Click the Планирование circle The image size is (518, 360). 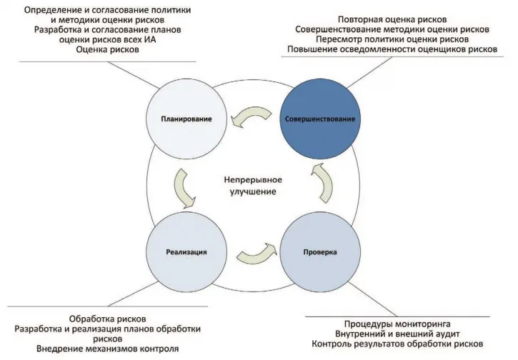point(186,119)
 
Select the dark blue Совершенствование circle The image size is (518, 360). point(320,119)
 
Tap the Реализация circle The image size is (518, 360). point(186,252)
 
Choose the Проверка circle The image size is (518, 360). point(320,252)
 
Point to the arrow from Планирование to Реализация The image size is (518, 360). point(183,189)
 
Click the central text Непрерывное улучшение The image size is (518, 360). point(253,186)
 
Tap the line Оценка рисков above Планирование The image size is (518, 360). point(107,49)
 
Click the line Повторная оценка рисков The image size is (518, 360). point(392,19)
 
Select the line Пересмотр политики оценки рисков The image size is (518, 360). point(392,39)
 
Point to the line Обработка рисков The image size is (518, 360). point(107,319)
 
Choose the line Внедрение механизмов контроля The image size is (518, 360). point(107,349)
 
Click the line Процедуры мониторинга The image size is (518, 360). point(397,324)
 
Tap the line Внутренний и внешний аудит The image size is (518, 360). point(397,334)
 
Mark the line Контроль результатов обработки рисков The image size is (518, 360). point(397,344)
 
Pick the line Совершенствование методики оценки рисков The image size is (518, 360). point(392,29)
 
